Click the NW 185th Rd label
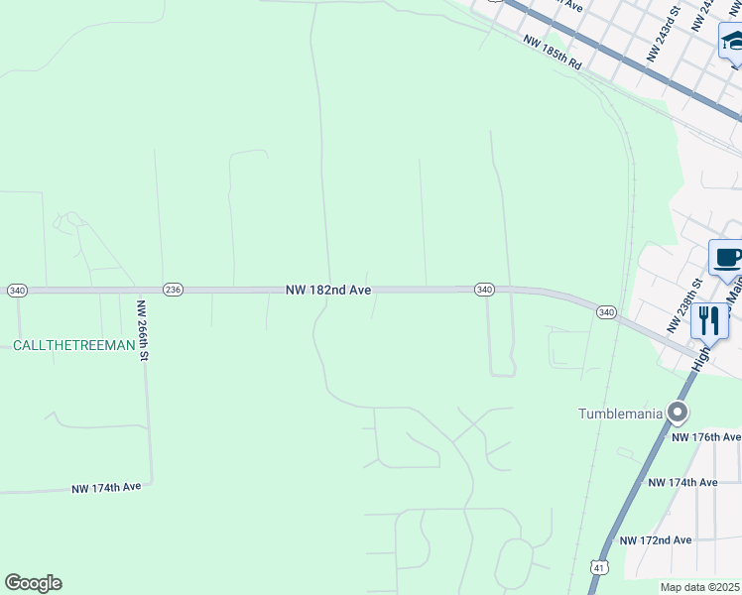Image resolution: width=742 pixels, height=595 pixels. coord(552,53)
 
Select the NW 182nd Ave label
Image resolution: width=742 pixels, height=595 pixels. coord(329,290)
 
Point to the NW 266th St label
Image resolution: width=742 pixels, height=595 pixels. coord(142,331)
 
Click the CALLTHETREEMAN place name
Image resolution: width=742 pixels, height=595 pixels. coord(72,345)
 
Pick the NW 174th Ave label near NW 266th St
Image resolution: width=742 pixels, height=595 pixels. coord(106,488)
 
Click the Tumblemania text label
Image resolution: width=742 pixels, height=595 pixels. coord(621,413)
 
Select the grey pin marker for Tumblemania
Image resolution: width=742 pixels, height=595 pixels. coord(679,412)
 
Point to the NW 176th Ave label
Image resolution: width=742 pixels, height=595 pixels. coord(706,437)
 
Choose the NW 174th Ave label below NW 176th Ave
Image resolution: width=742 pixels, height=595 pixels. coord(682,482)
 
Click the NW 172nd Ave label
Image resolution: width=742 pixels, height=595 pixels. coord(656,540)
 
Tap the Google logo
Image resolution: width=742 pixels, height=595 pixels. coord(33,583)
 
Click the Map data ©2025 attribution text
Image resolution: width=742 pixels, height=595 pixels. coord(699,587)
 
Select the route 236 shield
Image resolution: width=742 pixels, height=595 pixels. coord(173,290)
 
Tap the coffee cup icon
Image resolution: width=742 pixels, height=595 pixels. coord(727,258)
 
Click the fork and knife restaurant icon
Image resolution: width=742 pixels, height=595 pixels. coord(708,320)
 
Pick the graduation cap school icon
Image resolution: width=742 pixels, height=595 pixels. coord(732,41)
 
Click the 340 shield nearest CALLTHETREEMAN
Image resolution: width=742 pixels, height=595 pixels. coord(17,290)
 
